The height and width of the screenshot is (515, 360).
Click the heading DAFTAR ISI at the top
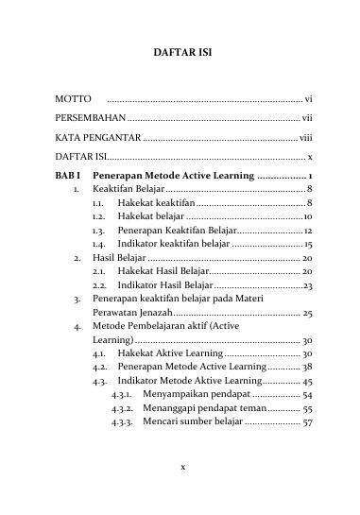click(x=179, y=55)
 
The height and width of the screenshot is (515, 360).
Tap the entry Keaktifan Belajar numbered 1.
click(x=129, y=189)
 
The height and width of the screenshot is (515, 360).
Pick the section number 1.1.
click(x=98, y=202)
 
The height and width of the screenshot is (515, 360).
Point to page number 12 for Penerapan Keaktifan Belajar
click(x=308, y=230)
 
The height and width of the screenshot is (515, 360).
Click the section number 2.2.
click(x=98, y=283)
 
